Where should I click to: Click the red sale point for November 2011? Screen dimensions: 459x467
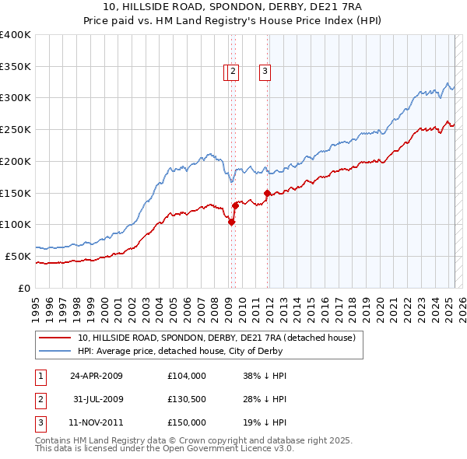[x=267, y=193]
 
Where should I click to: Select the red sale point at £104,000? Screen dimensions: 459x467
[x=231, y=222]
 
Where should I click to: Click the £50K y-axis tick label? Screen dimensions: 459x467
[x=19, y=256]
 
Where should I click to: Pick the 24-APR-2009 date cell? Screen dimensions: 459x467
[x=97, y=376]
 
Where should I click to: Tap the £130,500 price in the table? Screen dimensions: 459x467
[x=186, y=399]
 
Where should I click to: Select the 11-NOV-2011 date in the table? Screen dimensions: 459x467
[x=97, y=422]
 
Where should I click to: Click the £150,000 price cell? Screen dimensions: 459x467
[x=186, y=422]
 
